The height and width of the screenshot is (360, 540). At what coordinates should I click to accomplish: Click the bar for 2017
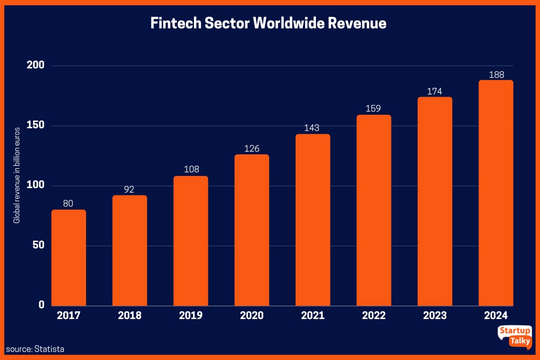tap(68, 258)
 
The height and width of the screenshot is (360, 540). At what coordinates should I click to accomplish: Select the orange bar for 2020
tap(252, 230)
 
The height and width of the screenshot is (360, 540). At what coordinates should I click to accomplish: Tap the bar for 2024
tap(496, 193)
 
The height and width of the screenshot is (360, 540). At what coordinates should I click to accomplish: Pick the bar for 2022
tap(373, 211)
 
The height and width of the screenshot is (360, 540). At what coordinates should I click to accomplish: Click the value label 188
tap(496, 75)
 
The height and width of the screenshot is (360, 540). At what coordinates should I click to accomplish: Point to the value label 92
tap(129, 189)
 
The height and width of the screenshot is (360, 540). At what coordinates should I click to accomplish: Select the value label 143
tap(312, 128)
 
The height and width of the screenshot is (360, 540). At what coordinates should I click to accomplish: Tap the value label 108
tap(190, 170)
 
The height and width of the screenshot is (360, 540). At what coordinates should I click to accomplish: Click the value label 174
tap(435, 91)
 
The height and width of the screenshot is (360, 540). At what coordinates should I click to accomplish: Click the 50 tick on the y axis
tap(38, 246)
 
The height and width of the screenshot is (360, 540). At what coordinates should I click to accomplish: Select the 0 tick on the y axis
tap(41, 305)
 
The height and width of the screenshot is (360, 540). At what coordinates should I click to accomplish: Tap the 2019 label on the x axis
tap(190, 315)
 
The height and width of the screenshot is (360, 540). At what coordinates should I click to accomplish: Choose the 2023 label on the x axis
tap(435, 315)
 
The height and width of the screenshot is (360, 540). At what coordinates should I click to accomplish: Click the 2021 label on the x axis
tap(312, 315)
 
